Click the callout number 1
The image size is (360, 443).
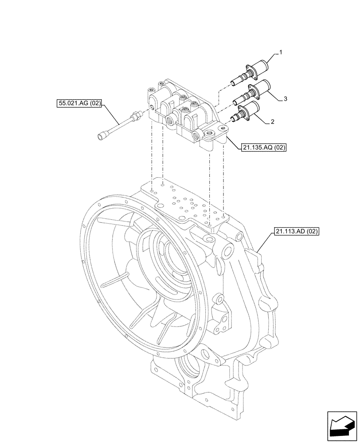[281, 52]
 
